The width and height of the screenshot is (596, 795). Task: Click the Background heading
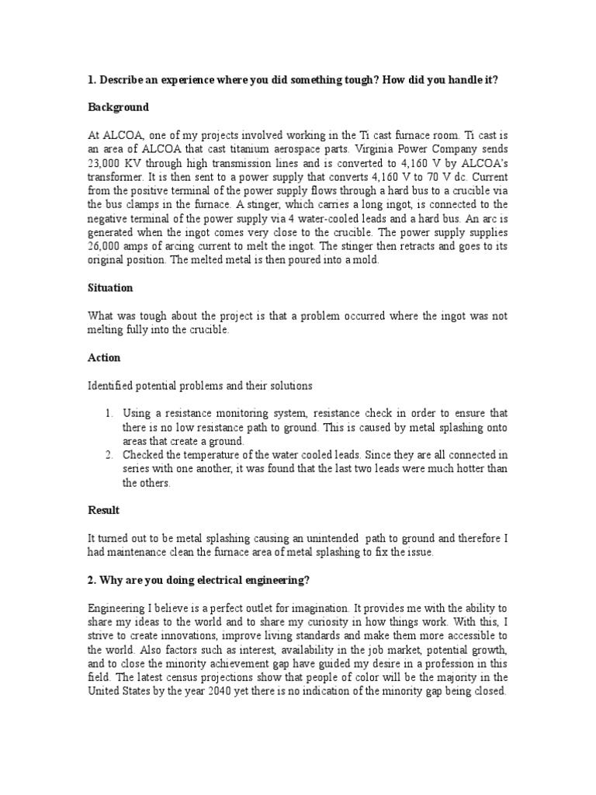[118, 106]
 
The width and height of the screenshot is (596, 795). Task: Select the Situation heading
[110, 287]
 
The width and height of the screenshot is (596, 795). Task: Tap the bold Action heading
[104, 358]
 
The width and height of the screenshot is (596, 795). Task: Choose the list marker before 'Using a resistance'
[109, 413]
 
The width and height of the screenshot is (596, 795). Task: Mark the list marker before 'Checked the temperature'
[109, 453]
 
